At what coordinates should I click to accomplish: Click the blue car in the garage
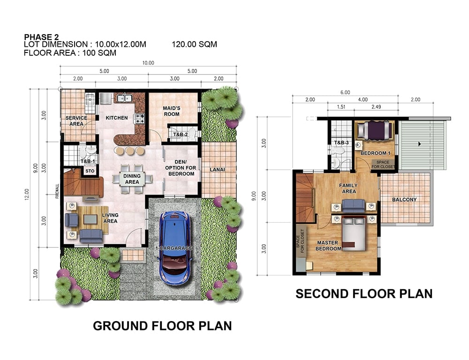[175, 248]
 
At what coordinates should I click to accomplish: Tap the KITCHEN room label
[117, 118]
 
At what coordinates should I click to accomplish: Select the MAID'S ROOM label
[172, 111]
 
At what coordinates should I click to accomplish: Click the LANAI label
[218, 170]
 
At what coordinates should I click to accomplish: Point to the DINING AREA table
[132, 179]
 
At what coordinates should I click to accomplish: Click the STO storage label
[90, 171]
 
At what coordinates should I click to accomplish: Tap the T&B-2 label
[181, 135]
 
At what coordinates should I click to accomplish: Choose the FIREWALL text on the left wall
[57, 191]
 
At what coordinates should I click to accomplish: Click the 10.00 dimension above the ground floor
[148, 63]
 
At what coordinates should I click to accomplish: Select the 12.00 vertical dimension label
[27, 195]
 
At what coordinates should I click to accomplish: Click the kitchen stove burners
[140, 119]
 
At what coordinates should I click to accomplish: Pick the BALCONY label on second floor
[404, 199]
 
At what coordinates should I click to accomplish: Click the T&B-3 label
[341, 142]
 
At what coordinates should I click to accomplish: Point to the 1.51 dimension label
[341, 107]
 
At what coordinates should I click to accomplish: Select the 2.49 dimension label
[376, 107]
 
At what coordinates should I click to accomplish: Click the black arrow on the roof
[419, 144]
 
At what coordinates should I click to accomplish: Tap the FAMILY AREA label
[348, 188]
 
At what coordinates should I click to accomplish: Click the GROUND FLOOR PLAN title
[162, 326]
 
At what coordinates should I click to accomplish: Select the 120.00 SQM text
[195, 44]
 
